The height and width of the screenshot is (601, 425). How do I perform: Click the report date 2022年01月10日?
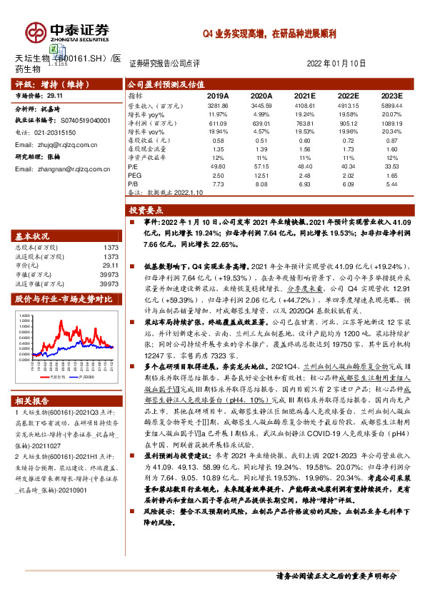(336, 64)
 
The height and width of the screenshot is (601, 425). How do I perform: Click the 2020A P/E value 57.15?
(261, 166)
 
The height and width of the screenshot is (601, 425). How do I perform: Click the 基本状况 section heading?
(33, 236)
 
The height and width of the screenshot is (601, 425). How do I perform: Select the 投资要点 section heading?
(146, 211)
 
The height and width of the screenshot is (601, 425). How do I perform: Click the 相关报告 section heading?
(33, 402)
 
